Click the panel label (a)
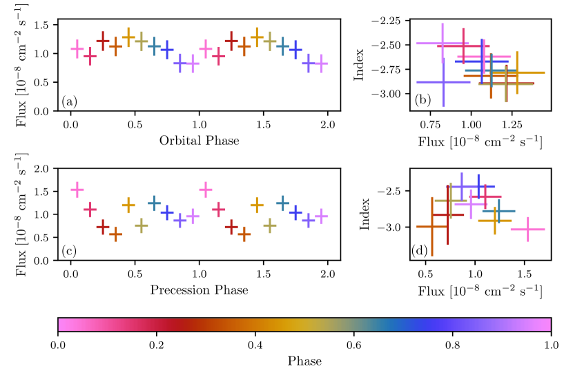[69, 102]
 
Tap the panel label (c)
[69, 251]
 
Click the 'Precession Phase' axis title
[199, 290]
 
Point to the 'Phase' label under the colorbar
[304, 361]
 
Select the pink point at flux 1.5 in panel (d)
[528, 229]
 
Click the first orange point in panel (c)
[115, 234]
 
